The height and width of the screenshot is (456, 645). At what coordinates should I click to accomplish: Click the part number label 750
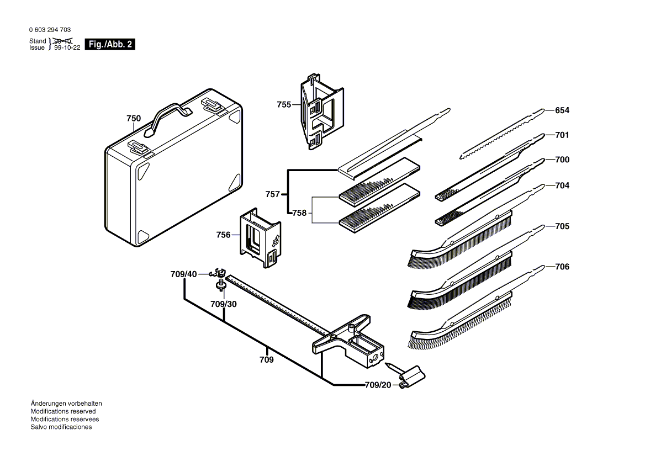coord(134,118)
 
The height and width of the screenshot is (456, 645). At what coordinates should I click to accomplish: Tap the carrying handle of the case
coord(167,114)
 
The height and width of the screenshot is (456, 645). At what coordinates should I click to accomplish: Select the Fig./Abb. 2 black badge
coord(110,45)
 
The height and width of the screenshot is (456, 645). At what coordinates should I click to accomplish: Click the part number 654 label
coord(562,110)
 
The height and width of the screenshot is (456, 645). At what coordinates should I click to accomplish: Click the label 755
coord(284,104)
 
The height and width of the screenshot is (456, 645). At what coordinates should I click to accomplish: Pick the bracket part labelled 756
coord(260,237)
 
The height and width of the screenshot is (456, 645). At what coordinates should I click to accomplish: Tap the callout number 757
coord(272,194)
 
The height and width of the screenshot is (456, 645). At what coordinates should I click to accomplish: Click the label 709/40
coord(183,274)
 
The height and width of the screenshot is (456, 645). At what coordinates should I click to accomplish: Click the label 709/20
coord(377,385)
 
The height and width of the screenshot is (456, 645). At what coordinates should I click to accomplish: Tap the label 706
coord(562,267)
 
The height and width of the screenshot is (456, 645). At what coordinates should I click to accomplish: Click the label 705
coord(562,226)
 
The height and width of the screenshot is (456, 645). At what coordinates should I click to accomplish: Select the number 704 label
coord(562,185)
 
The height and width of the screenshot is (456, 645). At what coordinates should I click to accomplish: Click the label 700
coord(562,160)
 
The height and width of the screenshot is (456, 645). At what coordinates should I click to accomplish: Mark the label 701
coord(562,135)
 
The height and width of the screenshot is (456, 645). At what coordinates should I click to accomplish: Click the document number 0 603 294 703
coord(50,30)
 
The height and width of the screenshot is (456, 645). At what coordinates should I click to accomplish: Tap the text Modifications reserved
coord(63,411)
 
